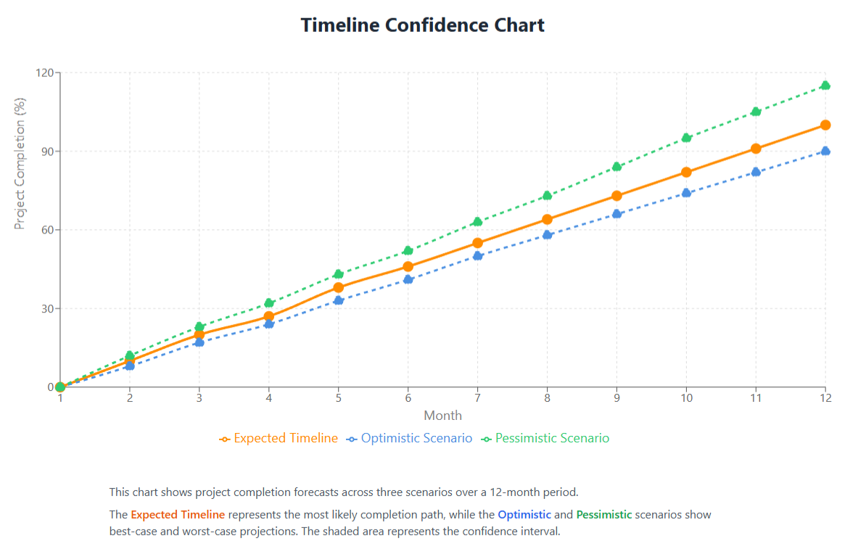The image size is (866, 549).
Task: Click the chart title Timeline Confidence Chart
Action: (x=422, y=25)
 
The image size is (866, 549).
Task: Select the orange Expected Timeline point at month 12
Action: (x=825, y=125)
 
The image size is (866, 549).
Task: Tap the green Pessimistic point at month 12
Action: (x=825, y=86)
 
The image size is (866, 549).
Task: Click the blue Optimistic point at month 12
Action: (x=825, y=151)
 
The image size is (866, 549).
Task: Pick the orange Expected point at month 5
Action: (x=339, y=287)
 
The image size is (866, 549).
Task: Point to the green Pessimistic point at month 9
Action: (x=616, y=167)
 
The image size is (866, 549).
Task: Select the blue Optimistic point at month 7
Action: (x=477, y=256)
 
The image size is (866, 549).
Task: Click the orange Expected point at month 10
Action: (x=686, y=172)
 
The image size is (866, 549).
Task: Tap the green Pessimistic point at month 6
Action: (x=408, y=251)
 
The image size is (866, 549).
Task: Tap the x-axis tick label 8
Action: (x=547, y=398)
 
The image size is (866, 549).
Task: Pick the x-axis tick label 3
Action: (x=199, y=398)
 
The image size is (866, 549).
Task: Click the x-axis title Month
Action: (x=442, y=416)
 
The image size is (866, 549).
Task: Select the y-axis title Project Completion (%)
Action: (x=20, y=163)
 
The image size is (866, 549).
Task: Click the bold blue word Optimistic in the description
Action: (x=524, y=515)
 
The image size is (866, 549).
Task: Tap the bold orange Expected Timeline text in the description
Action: (x=178, y=515)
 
